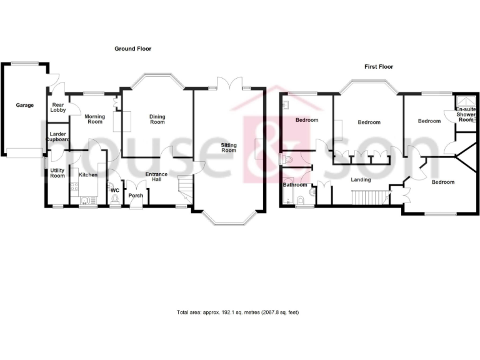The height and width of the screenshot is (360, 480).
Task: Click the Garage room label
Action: coord(25,105)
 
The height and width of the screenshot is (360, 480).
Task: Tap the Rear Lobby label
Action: coord(59,107)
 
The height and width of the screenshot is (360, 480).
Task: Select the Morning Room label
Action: coord(94,119)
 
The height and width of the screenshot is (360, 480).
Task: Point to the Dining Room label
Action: coord(157,119)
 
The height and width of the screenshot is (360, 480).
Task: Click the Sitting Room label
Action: coord(229,147)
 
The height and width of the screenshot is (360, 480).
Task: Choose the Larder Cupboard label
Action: coord(57,136)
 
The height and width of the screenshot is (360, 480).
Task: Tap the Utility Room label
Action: coord(57,173)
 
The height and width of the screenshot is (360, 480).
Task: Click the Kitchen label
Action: coord(87,166)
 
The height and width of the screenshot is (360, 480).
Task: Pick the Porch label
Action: coord(136,196)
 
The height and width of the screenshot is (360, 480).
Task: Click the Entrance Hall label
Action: coord(156,176)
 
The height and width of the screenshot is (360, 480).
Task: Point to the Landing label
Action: coord(361,180)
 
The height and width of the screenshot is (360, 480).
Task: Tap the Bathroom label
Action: coord(294,185)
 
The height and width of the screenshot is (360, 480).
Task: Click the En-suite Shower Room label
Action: coord(466,114)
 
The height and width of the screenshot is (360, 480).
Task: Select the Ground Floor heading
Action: coord(132,48)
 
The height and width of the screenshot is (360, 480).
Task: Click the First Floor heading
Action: coord(379,66)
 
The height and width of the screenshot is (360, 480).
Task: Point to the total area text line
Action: coord(238,312)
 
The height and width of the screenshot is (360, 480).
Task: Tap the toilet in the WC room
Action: coord(116,199)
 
